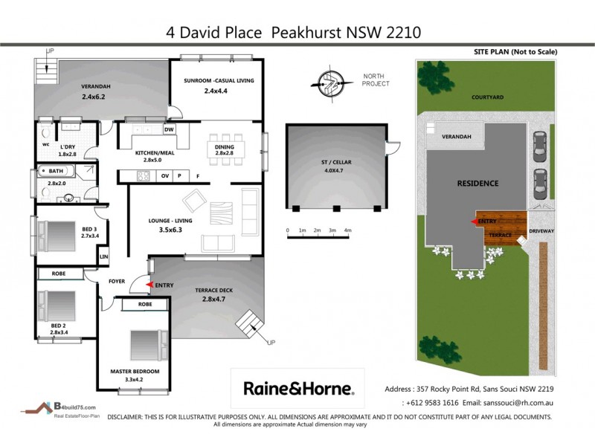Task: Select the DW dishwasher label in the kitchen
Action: pos(169,129)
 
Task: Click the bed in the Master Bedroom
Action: pos(144,345)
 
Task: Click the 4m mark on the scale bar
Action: pos(347,230)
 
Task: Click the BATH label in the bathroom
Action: pos(57,171)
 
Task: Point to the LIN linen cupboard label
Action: pos(104,257)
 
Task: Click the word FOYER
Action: pos(117,282)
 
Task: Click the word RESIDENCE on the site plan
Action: pos(477,183)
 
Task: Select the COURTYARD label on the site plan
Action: pos(487,97)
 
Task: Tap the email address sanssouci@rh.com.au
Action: pos(509,402)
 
